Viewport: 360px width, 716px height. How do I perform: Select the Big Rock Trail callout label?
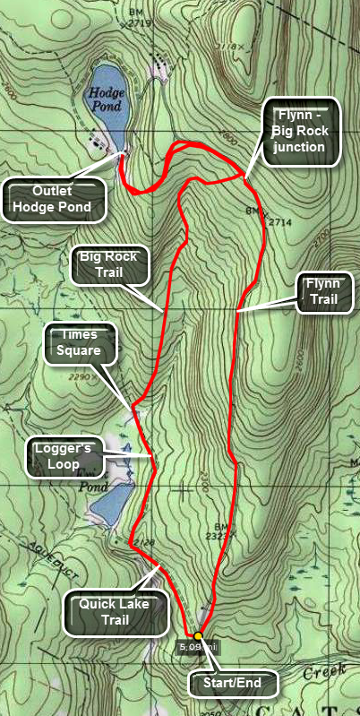pos(107,265)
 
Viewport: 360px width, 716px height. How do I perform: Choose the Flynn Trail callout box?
pos(324,292)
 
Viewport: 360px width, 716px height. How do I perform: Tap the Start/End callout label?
pos(235,683)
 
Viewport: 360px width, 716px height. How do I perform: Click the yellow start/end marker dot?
pos(198,636)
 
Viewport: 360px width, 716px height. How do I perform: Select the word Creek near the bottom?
pos(337,670)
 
